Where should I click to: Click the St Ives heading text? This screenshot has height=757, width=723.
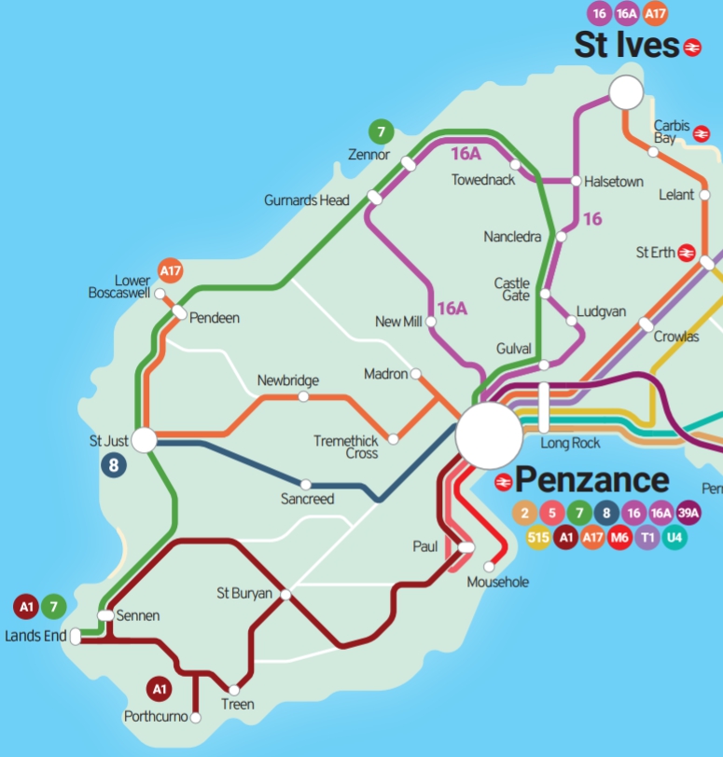[x=625, y=45]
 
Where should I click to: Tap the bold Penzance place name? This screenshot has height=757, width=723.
[x=591, y=481]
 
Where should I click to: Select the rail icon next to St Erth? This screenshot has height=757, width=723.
[x=687, y=253]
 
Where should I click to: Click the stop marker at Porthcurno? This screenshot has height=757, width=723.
[x=196, y=717]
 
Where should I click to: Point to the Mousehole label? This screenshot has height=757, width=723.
[x=497, y=583]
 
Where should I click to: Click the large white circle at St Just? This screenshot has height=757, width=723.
[x=145, y=439]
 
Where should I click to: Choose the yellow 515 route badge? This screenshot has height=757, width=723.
[x=538, y=537]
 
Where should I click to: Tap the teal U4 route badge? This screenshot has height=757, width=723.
[x=675, y=537]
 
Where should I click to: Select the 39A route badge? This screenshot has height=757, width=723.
[x=688, y=513]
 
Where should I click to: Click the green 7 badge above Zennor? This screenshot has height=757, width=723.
[x=380, y=131]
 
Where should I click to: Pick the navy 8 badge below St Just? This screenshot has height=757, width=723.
[x=114, y=465]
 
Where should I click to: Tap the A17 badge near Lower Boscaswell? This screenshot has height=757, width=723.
[x=171, y=271]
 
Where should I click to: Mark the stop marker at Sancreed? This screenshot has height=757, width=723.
[x=305, y=485]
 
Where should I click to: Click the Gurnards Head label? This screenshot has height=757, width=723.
[x=307, y=200]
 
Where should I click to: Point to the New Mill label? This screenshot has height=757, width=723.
[x=399, y=322]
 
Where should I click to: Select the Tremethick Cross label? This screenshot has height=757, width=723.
[x=346, y=447]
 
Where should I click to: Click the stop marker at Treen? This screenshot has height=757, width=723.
[x=234, y=690]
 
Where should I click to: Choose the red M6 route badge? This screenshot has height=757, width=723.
[x=619, y=537]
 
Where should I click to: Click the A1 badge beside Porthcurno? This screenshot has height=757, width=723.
[x=160, y=690]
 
